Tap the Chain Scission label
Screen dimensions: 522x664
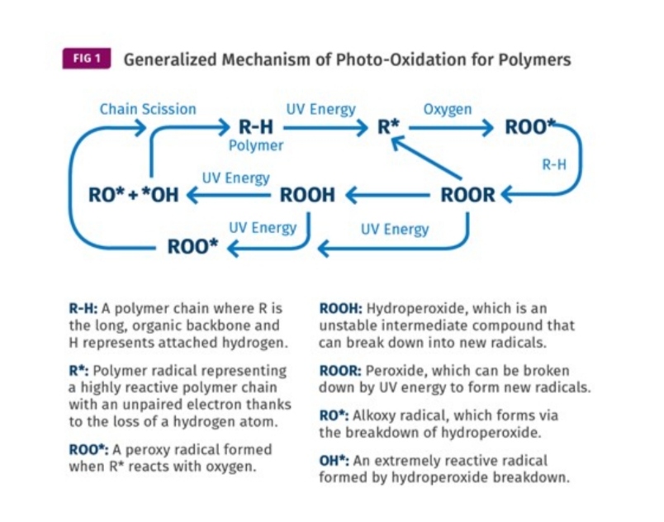(148, 108)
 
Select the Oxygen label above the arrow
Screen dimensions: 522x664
(447, 108)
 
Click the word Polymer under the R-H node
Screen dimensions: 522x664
(256, 145)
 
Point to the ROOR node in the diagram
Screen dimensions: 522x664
(468, 195)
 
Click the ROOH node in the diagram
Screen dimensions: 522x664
(308, 195)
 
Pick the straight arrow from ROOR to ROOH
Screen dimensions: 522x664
(388, 196)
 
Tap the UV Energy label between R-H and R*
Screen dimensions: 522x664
(320, 108)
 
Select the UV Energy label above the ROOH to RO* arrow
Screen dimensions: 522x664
(236, 178)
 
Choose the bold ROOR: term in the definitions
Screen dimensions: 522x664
(339, 371)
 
